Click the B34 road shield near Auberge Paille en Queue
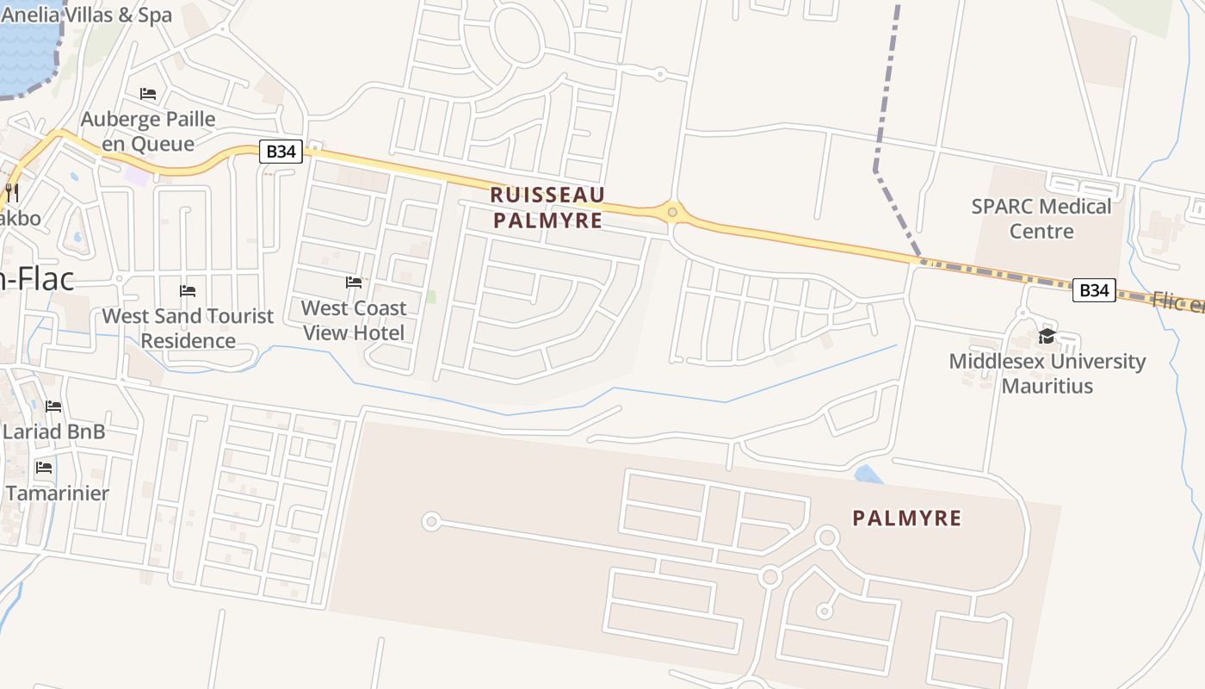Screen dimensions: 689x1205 281,152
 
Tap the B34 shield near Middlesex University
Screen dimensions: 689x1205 1093,290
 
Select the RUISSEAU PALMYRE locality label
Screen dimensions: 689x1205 547,208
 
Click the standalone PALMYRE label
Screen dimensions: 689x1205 906,518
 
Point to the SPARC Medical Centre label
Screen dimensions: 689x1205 1041,219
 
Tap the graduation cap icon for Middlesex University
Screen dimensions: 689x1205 1047,336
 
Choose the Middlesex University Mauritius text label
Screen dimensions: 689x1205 1047,373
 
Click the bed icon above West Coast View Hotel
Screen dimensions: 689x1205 354,282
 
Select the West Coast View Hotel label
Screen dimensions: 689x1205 354,320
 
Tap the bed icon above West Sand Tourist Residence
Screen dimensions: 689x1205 188,290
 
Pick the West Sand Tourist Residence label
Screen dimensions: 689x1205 188,328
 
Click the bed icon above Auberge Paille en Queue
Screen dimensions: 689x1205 148,93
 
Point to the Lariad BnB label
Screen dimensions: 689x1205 53,431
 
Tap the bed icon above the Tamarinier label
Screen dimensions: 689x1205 44,468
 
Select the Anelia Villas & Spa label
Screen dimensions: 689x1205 86,15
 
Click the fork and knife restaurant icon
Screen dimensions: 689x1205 11,191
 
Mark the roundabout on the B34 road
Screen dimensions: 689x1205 672,211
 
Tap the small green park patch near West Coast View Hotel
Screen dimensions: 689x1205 430,296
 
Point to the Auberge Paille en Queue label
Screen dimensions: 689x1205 148,131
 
